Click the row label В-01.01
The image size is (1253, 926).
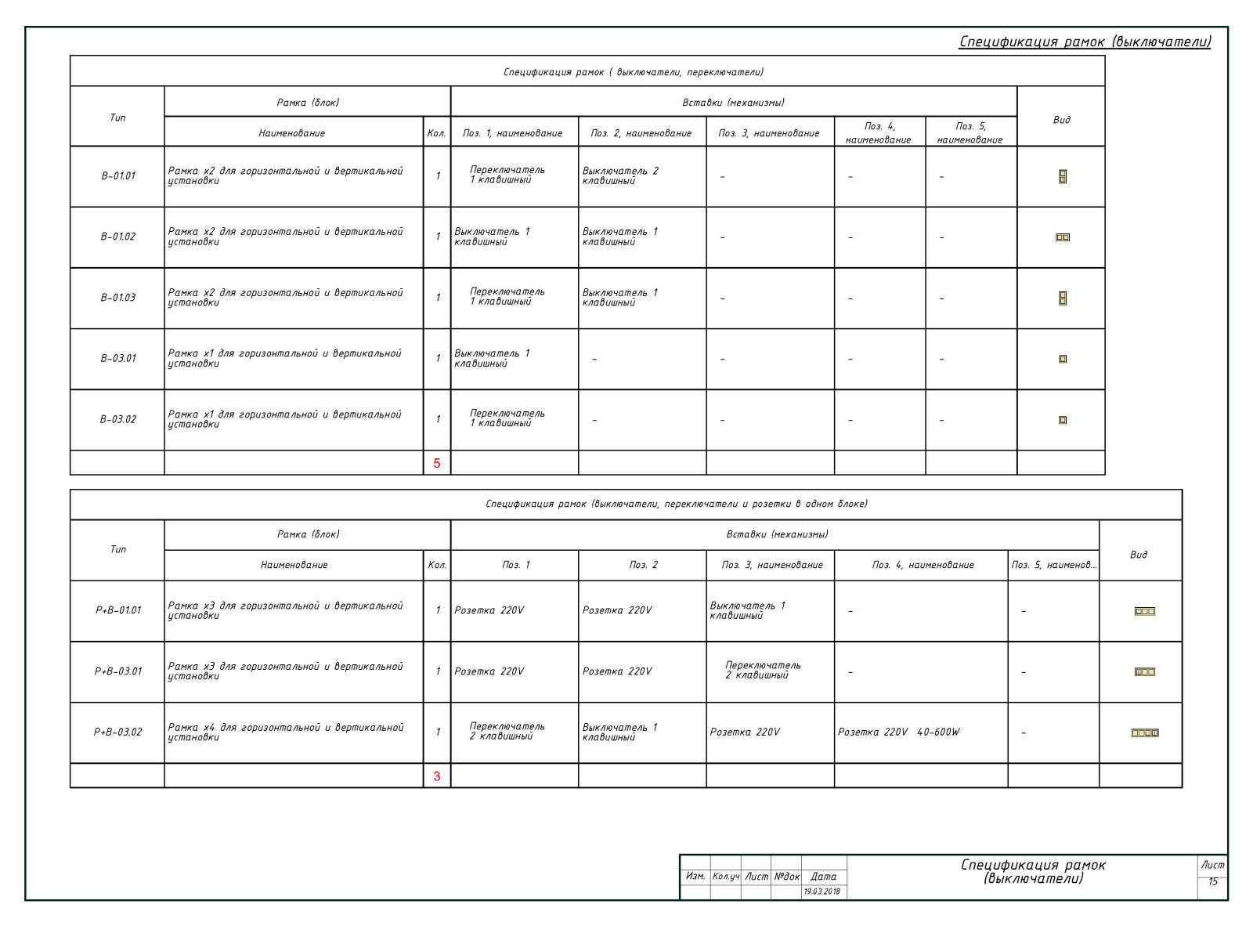tap(118, 176)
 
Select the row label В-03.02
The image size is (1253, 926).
tap(118, 420)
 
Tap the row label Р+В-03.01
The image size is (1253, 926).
tap(118, 671)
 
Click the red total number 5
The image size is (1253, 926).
tap(437, 463)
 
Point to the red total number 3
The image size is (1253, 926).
tap(437, 776)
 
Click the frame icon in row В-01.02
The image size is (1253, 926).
tap(1063, 237)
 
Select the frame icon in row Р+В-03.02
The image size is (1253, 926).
tap(1145, 733)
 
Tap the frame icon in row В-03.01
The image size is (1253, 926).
tap(1063, 359)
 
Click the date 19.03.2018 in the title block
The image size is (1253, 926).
tap(822, 892)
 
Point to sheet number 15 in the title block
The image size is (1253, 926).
tap(1213, 882)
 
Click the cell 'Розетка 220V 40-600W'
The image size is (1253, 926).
tap(898, 732)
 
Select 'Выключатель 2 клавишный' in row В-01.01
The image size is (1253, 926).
tap(620, 175)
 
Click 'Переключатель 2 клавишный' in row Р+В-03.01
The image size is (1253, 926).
tap(762, 670)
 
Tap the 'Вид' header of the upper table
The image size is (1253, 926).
tap(1061, 120)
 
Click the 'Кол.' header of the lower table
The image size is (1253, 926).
tap(437, 565)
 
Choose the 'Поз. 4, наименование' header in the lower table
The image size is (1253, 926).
tap(923, 565)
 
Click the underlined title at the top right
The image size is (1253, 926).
tap(1085, 42)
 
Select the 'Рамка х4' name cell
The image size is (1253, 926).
tap(285, 732)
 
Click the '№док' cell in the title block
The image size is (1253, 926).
tap(786, 877)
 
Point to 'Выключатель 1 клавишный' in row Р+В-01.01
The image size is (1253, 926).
tap(747, 610)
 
